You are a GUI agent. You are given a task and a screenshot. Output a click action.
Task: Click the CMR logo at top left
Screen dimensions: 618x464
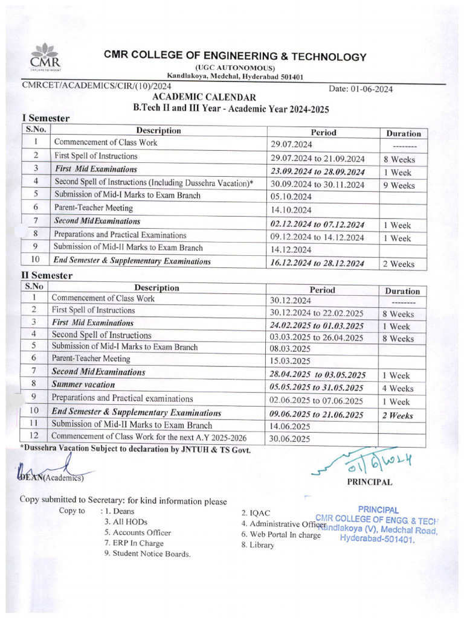pyautogui.click(x=45, y=59)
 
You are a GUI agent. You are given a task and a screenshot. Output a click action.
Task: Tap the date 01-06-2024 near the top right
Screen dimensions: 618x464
pyautogui.click(x=361, y=89)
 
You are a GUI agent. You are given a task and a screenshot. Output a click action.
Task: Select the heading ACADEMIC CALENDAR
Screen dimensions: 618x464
pyautogui.click(x=204, y=97)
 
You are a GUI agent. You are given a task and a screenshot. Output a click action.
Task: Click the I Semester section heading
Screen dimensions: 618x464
pyautogui.click(x=45, y=119)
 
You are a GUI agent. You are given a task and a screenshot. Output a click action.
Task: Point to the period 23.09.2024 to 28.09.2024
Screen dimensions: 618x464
pyautogui.click(x=318, y=171)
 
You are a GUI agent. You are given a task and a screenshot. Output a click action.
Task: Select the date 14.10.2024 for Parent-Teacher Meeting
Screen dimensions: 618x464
pyautogui.click(x=291, y=210)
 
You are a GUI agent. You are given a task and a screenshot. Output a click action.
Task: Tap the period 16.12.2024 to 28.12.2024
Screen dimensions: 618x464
pyautogui.click(x=318, y=263)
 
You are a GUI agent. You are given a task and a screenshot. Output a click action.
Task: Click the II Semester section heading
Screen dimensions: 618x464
pyautogui.click(x=47, y=276)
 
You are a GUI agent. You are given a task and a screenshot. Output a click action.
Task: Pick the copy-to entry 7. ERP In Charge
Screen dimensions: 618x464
pyautogui.click(x=134, y=543)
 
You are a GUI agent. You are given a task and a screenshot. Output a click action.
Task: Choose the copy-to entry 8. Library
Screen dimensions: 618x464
pyautogui.click(x=257, y=545)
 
